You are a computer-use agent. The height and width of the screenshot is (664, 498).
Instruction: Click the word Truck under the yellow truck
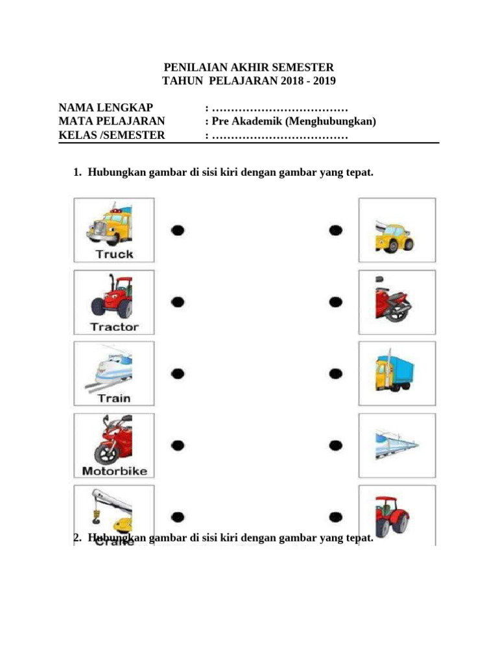[114, 254]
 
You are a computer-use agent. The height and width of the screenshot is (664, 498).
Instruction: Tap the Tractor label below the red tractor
[114, 327]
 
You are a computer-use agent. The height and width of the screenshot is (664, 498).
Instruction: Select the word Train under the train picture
[114, 398]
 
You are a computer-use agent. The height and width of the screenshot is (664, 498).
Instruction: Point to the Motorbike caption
[114, 471]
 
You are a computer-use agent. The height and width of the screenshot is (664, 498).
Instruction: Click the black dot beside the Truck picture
[178, 230]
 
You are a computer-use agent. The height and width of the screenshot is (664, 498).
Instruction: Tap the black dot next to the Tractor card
[178, 302]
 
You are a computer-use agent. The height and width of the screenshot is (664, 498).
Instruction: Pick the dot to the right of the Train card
[178, 373]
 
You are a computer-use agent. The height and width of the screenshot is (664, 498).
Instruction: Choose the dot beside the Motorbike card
[178, 445]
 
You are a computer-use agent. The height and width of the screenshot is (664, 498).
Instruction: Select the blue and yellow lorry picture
[394, 372]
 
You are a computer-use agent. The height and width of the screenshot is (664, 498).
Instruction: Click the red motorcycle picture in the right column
[393, 301]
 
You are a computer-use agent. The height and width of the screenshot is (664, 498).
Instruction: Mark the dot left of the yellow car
[335, 230]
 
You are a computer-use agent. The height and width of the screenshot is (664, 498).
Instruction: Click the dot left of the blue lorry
[335, 373]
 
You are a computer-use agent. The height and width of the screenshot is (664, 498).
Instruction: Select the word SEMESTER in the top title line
[302, 67]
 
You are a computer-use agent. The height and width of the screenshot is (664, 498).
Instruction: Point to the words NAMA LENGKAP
[106, 108]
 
